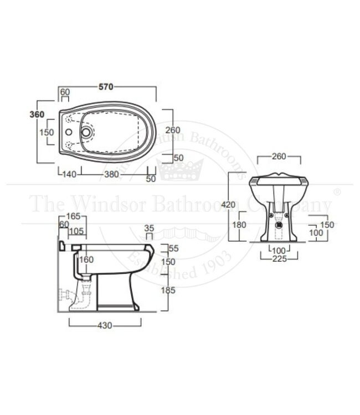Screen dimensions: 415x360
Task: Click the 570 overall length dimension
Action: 106,86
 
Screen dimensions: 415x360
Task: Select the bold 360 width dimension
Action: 37,114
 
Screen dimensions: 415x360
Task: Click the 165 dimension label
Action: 73,216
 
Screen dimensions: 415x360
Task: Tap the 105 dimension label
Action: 76,231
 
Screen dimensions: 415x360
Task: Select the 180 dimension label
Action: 239,226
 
